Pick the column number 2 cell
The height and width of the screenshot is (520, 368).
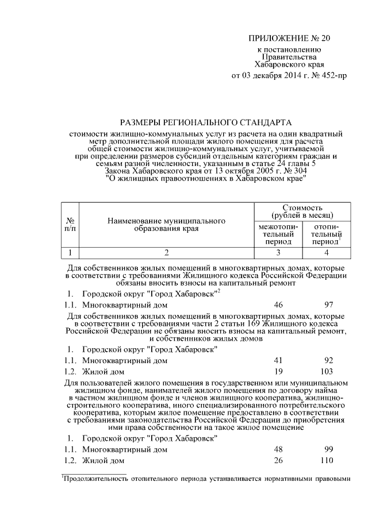point(167,253)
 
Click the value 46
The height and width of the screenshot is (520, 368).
point(279,305)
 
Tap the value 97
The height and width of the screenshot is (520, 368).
point(329,305)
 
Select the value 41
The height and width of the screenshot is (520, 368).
point(279,361)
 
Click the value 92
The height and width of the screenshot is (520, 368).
point(329,361)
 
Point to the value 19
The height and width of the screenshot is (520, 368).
point(279,372)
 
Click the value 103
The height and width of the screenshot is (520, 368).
point(329,372)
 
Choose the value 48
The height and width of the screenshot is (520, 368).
point(279,449)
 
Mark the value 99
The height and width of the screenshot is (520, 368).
point(329,449)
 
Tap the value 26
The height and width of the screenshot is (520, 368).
point(279,461)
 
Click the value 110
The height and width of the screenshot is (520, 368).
point(329,461)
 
